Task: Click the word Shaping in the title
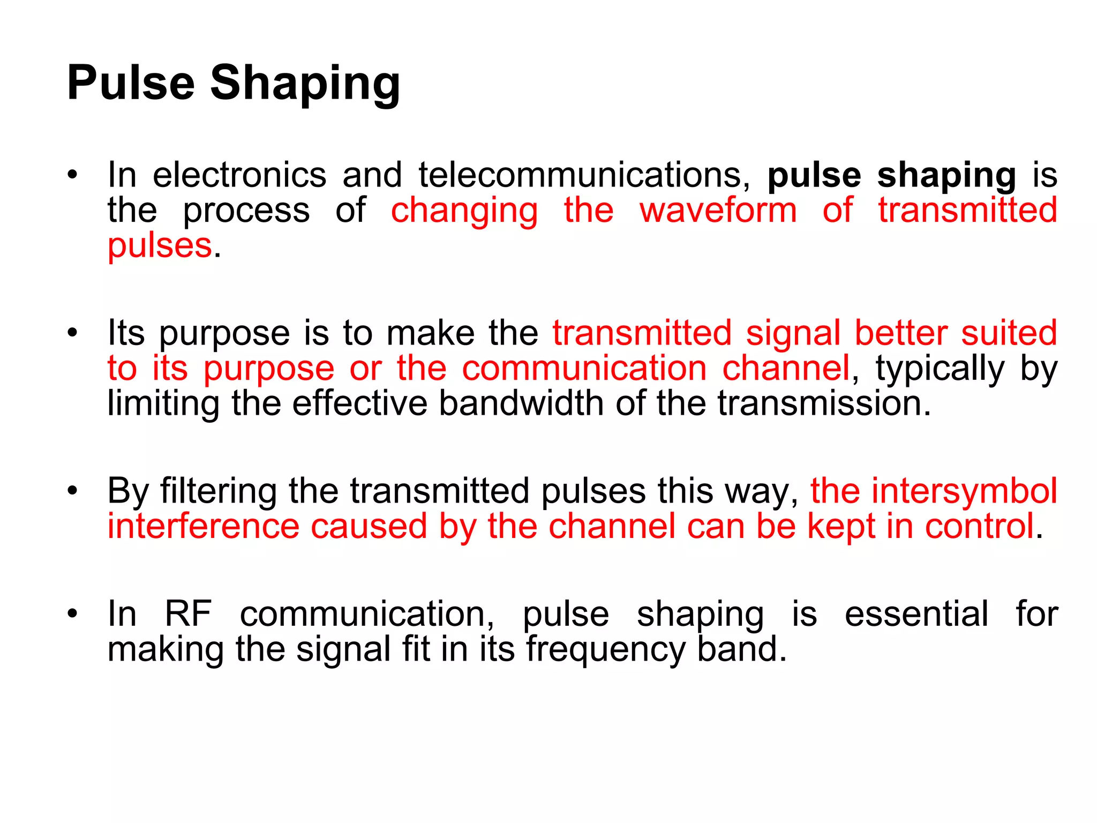(305, 84)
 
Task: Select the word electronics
(239, 175)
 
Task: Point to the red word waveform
(718, 210)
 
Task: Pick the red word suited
(1009, 333)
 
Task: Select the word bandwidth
(521, 403)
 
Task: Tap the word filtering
(218, 492)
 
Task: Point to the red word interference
(203, 526)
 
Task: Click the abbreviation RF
(188, 614)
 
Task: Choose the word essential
(916, 614)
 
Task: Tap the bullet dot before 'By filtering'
(73, 491)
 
